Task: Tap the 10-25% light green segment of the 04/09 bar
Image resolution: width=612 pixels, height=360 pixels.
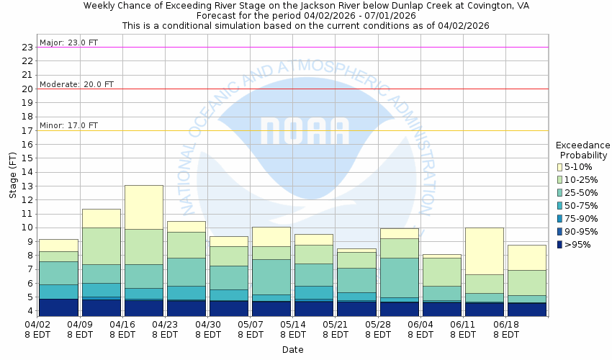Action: tap(101, 246)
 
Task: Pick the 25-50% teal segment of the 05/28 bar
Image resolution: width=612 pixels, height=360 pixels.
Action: tap(399, 277)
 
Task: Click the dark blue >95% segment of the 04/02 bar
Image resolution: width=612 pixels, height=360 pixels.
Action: tap(58, 307)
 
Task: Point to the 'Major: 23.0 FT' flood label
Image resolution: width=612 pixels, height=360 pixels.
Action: tap(69, 42)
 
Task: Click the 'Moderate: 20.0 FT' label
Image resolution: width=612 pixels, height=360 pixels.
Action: tap(76, 84)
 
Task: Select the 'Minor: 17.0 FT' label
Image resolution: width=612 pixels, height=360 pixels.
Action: tap(69, 125)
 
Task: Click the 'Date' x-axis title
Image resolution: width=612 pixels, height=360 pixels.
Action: tap(292, 350)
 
